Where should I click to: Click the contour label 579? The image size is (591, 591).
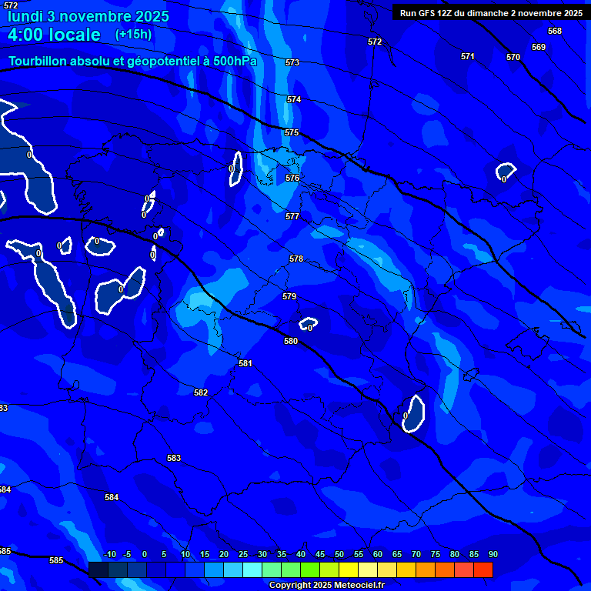289,296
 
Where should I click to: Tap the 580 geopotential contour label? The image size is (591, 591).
291,341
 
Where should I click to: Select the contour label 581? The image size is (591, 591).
245,363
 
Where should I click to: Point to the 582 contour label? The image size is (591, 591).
201,392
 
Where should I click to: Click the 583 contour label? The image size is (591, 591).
174,458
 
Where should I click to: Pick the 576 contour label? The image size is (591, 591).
292,178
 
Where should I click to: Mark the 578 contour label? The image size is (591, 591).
296,259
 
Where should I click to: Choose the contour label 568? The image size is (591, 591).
555,31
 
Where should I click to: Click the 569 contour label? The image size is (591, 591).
539,47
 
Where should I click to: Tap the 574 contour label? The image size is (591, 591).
294,99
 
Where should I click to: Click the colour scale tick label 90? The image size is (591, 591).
492,554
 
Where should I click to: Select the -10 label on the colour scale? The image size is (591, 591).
110,554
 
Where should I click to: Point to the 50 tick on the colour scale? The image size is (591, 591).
339,554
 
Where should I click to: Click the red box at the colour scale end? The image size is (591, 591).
483,569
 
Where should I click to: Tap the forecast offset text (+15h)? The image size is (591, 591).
133,34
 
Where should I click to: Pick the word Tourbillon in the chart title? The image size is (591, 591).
42,61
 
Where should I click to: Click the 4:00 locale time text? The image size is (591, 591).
54,35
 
